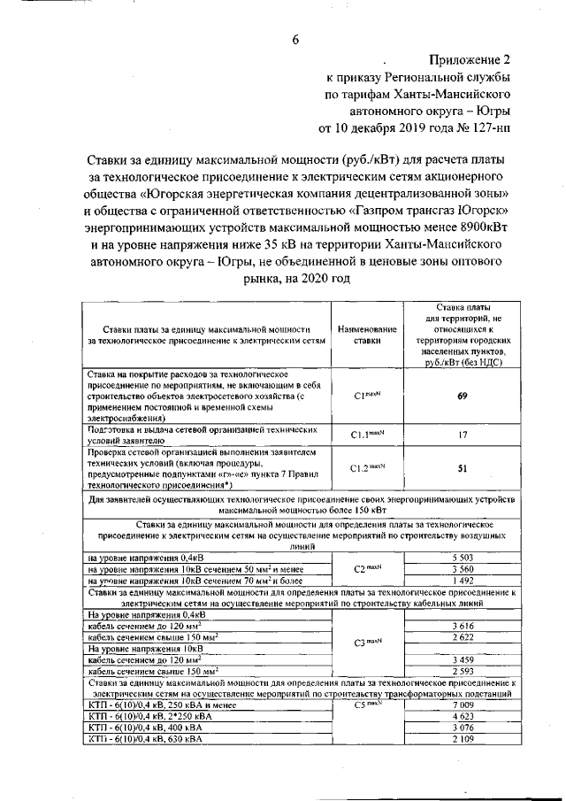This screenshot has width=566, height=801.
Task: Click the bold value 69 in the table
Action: (x=462, y=396)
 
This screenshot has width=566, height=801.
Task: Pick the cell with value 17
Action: (x=462, y=435)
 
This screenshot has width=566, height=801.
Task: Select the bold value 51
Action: (x=462, y=469)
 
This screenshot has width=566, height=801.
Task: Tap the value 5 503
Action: (x=462, y=558)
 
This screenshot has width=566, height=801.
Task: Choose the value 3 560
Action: (x=462, y=569)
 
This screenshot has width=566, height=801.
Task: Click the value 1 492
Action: (x=462, y=581)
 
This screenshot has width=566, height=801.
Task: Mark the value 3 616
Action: (x=462, y=626)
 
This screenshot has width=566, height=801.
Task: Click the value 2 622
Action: (x=462, y=637)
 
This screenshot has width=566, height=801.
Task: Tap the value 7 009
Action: (x=462, y=705)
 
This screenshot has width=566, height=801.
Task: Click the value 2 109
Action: (x=462, y=739)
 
